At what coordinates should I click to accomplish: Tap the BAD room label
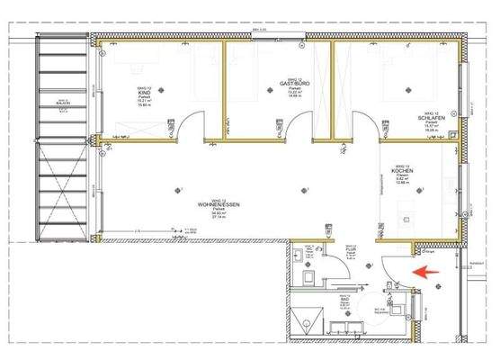tap(343, 303)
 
